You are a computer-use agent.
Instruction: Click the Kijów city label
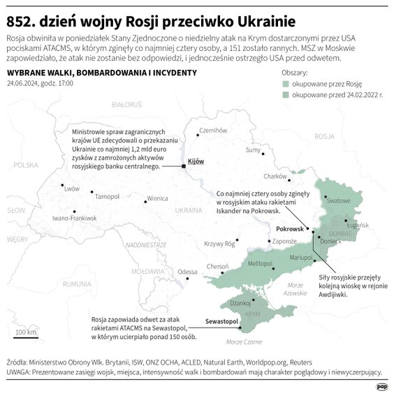click(196, 161)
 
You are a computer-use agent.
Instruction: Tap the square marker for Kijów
click(183, 166)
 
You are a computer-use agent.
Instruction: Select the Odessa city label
click(188, 272)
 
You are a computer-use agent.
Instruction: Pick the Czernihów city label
click(214, 130)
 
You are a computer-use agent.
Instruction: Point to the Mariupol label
click(300, 258)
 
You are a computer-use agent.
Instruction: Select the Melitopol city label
click(260, 263)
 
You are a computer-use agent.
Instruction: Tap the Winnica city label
click(158, 198)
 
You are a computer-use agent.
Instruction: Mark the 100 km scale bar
click(27, 337)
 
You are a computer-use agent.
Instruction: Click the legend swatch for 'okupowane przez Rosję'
click(285, 84)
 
